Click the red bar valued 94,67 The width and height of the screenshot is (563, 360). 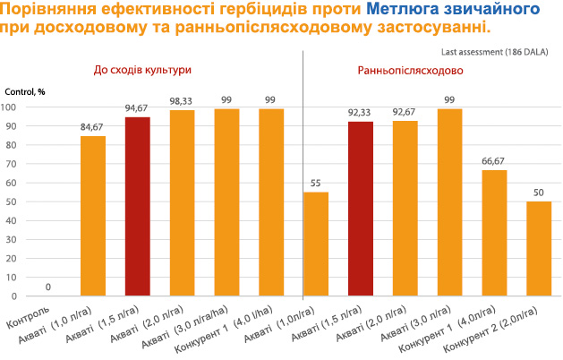click(138, 206)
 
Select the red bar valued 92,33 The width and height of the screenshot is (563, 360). click(361, 209)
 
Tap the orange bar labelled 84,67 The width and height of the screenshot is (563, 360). click(93, 216)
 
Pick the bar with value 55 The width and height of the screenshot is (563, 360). click(316, 244)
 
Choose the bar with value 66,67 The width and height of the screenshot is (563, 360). click(494, 233)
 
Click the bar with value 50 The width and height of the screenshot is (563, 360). click(539, 248)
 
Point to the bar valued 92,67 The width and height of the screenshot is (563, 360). click(405, 208)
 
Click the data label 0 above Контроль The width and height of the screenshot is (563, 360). click(48, 287)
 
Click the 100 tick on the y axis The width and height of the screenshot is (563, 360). click(11, 107)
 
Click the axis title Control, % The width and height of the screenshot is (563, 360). click(24, 92)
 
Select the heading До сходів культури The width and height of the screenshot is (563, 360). click(143, 69)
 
